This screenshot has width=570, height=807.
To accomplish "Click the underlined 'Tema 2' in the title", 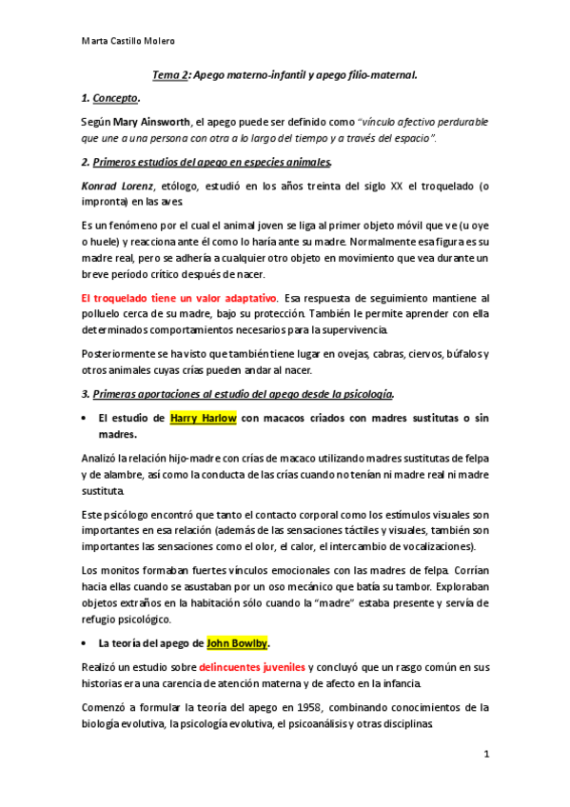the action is tap(169, 73).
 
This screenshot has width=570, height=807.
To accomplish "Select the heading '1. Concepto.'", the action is tap(112, 97).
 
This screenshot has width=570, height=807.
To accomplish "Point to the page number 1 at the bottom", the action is tap(486, 756).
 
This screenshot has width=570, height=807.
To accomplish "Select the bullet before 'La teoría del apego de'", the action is tap(87, 642).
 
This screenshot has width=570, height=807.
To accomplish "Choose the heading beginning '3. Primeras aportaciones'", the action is tap(238, 394).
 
